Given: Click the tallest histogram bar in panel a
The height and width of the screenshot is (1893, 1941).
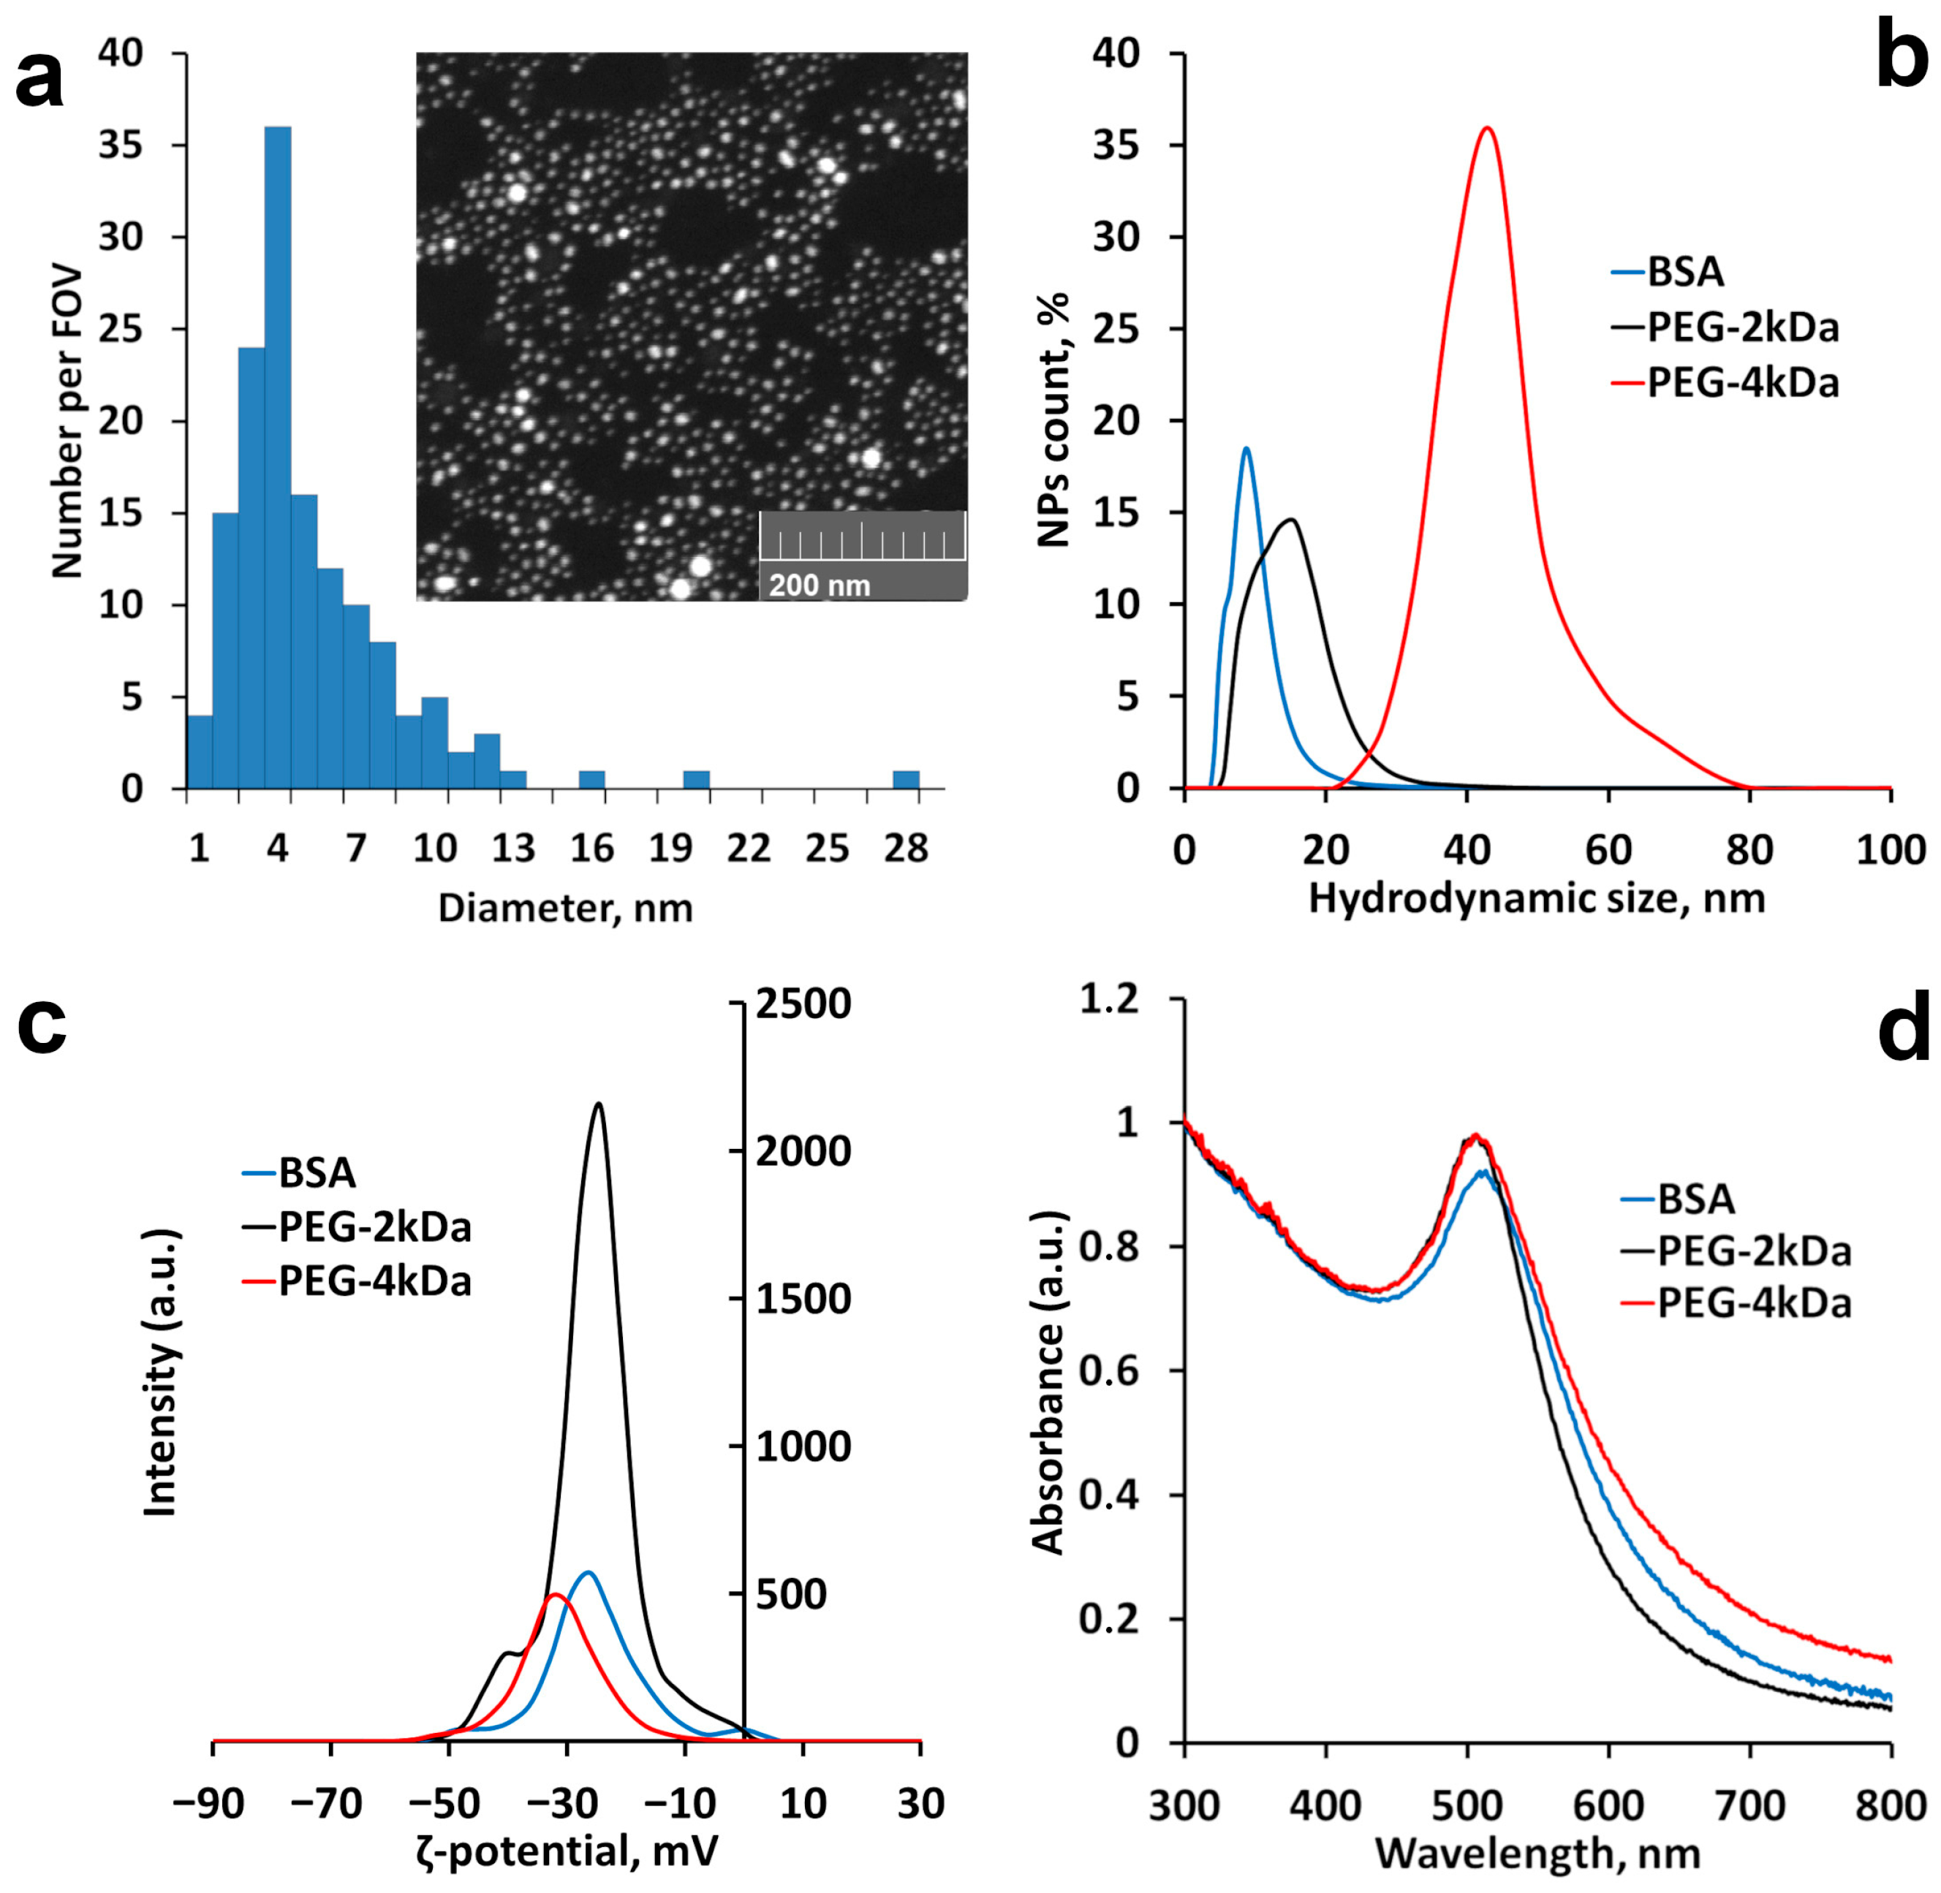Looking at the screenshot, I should tap(277, 458).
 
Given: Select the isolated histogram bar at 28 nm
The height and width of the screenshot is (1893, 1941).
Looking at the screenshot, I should tap(905, 779).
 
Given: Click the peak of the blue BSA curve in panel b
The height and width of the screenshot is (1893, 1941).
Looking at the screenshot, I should tap(1246, 449).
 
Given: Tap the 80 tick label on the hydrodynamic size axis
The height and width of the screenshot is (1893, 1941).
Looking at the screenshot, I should tap(1749, 850).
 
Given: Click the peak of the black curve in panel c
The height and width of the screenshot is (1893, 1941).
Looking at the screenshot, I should tap(597, 1104).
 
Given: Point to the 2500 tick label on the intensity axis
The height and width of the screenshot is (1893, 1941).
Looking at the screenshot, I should tap(803, 1004).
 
